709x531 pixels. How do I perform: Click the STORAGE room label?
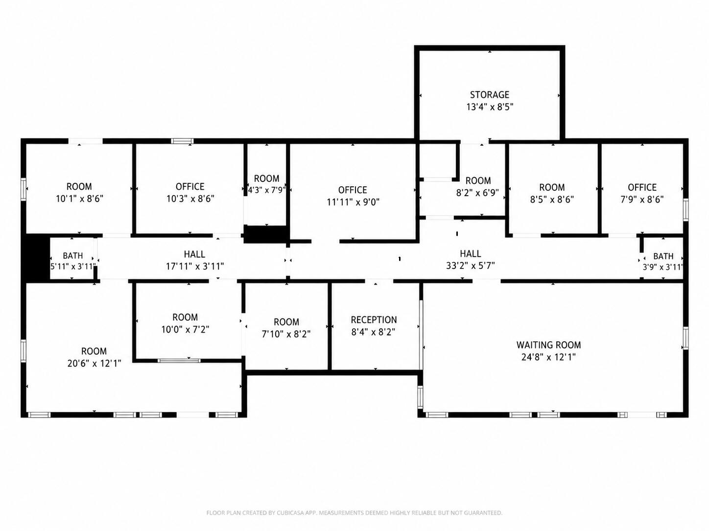click(490, 95)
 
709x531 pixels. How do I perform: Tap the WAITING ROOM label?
click(548, 345)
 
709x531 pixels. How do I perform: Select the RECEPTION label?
click(374, 320)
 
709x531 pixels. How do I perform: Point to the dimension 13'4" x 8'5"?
click(490, 107)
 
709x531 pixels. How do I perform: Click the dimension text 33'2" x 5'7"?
click(470, 265)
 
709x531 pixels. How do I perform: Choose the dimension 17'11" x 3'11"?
click(195, 266)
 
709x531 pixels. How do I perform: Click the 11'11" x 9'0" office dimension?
click(353, 202)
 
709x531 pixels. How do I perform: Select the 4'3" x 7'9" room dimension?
click(266, 190)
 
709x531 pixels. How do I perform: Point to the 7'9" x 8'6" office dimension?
click(642, 199)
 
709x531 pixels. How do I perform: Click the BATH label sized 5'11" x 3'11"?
click(72, 256)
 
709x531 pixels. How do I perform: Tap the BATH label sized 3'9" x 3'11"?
click(663, 256)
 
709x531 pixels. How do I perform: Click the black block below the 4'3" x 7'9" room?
click(265, 234)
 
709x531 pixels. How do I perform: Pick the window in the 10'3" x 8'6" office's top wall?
click(182, 141)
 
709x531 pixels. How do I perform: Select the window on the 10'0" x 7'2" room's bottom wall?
click(179, 360)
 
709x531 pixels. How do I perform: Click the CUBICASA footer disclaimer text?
click(354, 512)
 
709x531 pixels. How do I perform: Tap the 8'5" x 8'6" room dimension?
click(552, 199)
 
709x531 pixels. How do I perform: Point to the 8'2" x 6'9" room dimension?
click(477, 193)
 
